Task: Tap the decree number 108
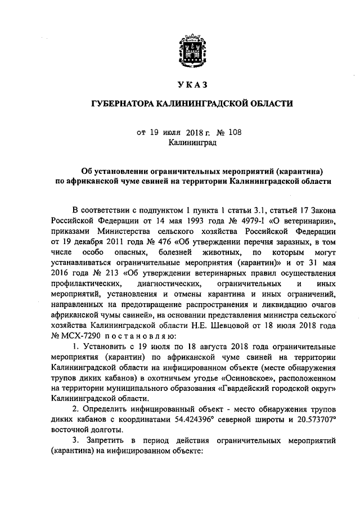click(x=238, y=133)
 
